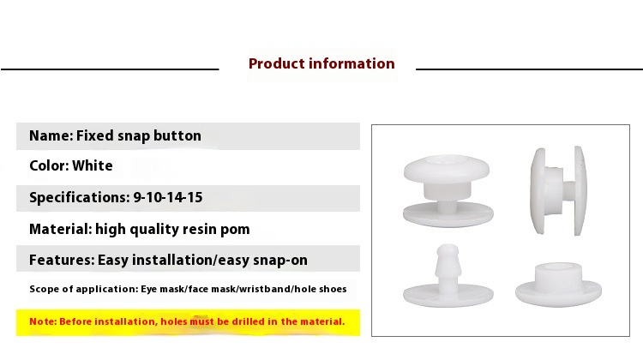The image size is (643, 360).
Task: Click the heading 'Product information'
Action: pyautogui.click(x=321, y=63)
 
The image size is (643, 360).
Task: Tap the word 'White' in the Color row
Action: pyautogui.click(x=93, y=165)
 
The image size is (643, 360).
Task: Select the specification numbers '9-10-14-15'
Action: pyautogui.click(x=168, y=198)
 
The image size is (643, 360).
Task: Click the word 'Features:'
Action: pyautogui.click(x=62, y=260)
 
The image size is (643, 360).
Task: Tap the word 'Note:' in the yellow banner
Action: pyautogui.click(x=43, y=321)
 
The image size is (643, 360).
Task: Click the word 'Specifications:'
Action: pyautogui.click(x=80, y=198)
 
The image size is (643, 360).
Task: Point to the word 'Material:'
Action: pyautogui.click(x=61, y=229)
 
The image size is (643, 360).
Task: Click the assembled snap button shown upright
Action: pyautogui.click(x=448, y=190)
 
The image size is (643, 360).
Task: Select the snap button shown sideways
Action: pyautogui.click(x=558, y=190)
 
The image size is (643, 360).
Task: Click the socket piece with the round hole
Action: pyautogui.click(x=558, y=284)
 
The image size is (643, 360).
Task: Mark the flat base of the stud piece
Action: pyautogui.click(x=448, y=295)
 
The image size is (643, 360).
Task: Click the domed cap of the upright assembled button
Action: pyautogui.click(x=447, y=168)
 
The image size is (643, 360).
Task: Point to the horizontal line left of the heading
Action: pyautogui.click(x=110, y=69)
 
